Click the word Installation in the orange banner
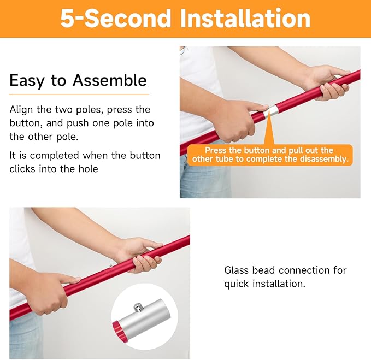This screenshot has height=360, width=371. click(245, 18)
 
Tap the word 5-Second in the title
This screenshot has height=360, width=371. click(116, 18)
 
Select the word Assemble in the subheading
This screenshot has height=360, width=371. click(109, 80)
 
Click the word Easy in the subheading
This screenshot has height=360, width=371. click(27, 81)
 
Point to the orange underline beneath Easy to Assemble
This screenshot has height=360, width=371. click(79, 95)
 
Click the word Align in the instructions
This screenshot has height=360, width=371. click(21, 109)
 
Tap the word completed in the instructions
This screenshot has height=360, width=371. click(55, 156)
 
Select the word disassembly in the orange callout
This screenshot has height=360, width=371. click(324, 159)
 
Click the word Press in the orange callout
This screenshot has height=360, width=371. click(214, 150)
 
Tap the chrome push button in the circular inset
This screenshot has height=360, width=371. click(138, 308)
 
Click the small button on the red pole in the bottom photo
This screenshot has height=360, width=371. click(111, 267)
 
